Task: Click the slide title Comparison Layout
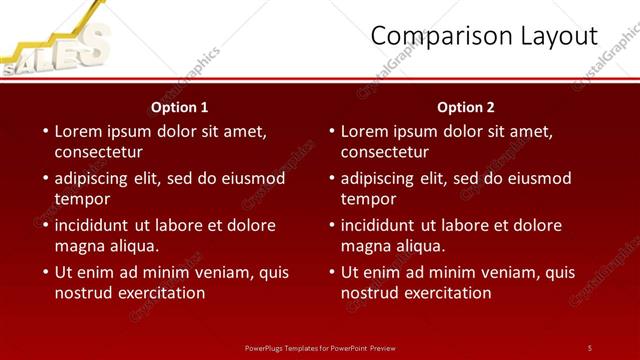pyautogui.click(x=484, y=36)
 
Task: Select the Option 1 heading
pyautogui.click(x=180, y=107)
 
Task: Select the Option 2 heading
pyautogui.click(x=466, y=107)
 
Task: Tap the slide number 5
pyautogui.click(x=589, y=347)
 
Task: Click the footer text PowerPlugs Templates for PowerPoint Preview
pyautogui.click(x=320, y=347)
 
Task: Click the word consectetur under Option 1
pyautogui.click(x=98, y=153)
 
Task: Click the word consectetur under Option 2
pyautogui.click(x=384, y=153)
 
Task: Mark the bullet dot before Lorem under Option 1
pyautogui.click(x=45, y=132)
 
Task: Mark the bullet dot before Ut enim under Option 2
pyautogui.click(x=331, y=273)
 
